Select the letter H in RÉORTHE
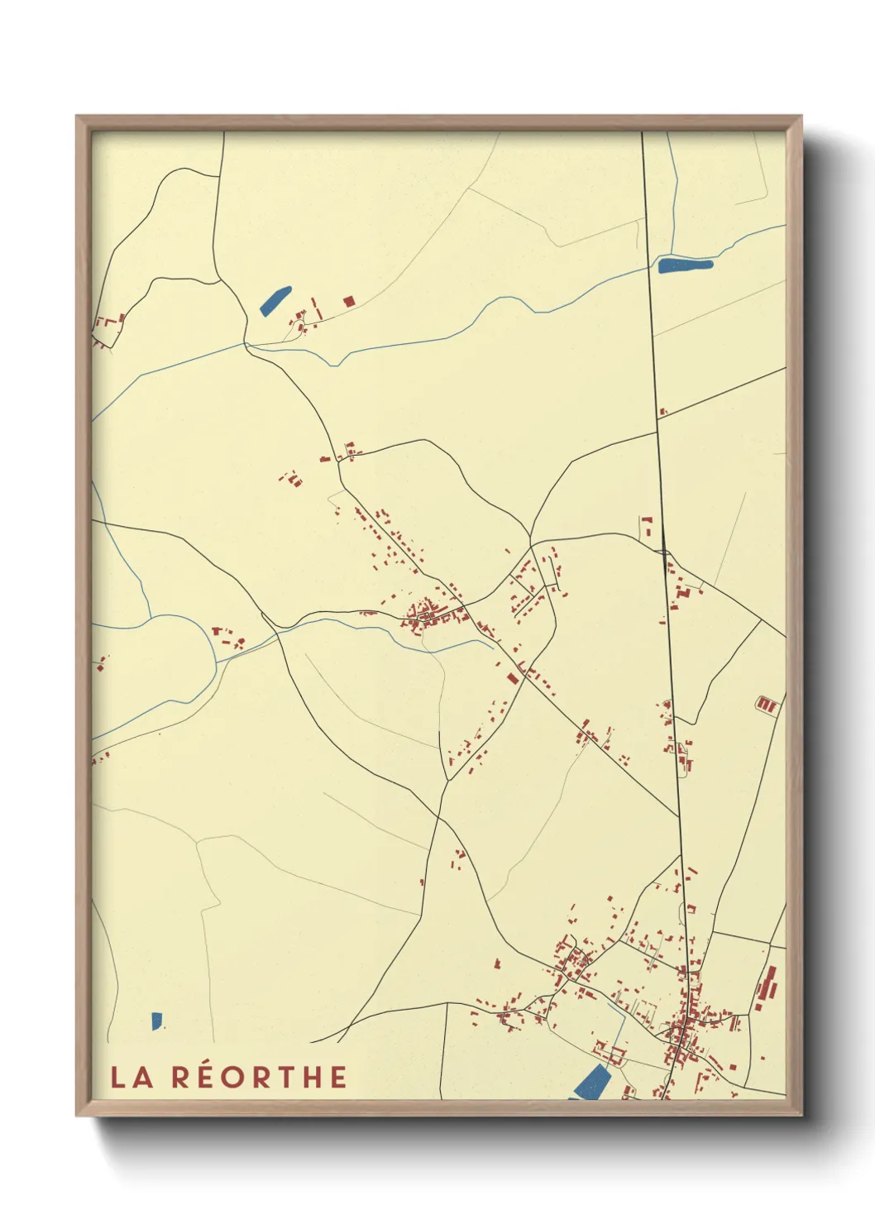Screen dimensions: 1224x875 pos(311,1077)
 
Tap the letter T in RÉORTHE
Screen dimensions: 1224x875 pos(284,1077)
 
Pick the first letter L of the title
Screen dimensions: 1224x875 pos(118,1077)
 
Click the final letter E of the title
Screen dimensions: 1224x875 pos(337,1077)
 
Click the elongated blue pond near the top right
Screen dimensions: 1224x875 pos(685,265)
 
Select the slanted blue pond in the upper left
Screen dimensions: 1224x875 pos(275,300)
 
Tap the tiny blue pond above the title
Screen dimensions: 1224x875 pos(156,1021)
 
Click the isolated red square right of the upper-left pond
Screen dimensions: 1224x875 pos(348,302)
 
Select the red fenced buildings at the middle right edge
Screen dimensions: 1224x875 pos(767,705)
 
